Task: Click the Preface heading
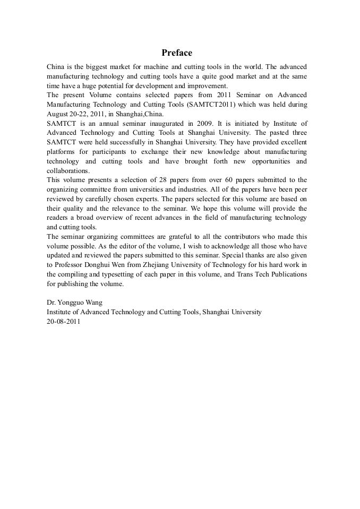[177, 53]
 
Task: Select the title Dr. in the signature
[52, 302]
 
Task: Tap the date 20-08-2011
[64, 321]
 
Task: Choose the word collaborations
[67, 171]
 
